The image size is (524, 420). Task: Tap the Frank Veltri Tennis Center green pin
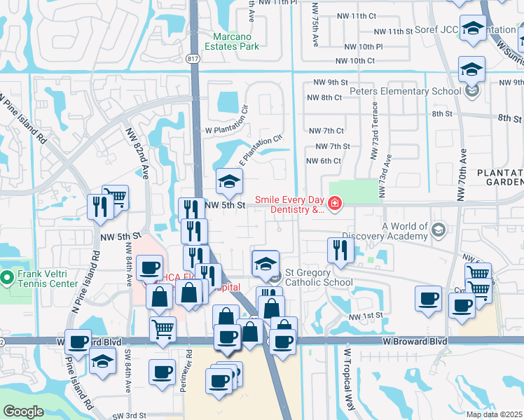pyautogui.click(x=7, y=279)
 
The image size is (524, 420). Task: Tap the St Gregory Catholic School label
pyautogui.click(x=319, y=282)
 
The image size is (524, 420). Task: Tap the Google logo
pyautogui.click(x=24, y=412)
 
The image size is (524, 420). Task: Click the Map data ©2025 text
pyautogui.click(x=494, y=414)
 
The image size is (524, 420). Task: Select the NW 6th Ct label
pyautogui.click(x=324, y=161)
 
